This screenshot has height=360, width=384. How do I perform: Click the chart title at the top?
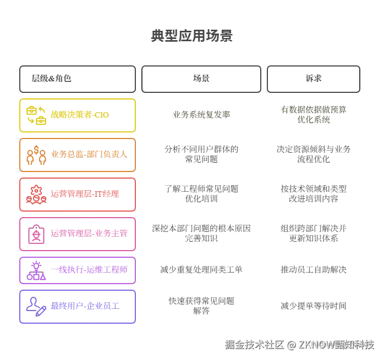point(191,36)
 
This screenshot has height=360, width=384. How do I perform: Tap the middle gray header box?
point(200,79)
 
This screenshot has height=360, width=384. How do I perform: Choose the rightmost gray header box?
point(314,79)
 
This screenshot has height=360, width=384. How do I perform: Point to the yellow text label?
point(80,115)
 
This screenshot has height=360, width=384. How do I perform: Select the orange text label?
point(89,155)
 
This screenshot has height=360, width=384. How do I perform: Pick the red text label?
point(85,194)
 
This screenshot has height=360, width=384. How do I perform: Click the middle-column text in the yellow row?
point(202,114)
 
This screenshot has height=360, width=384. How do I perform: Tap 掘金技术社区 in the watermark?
point(254,345)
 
